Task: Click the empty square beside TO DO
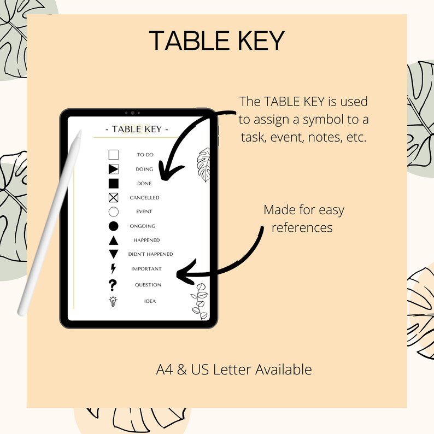click(114, 155)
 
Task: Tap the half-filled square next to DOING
click(114, 169)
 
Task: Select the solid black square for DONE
click(114, 183)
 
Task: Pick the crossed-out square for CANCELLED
click(114, 197)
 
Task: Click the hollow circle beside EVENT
click(114, 212)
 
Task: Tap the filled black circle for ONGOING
click(114, 226)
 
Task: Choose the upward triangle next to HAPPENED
click(114, 240)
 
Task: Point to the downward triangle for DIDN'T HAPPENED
click(114, 254)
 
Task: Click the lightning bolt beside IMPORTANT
click(114, 269)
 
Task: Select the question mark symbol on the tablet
click(114, 284)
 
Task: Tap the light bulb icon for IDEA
click(114, 301)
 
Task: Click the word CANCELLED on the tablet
click(144, 197)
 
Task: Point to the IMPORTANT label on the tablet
click(146, 269)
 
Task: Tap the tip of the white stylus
click(79, 132)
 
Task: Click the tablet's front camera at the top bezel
click(132, 113)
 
